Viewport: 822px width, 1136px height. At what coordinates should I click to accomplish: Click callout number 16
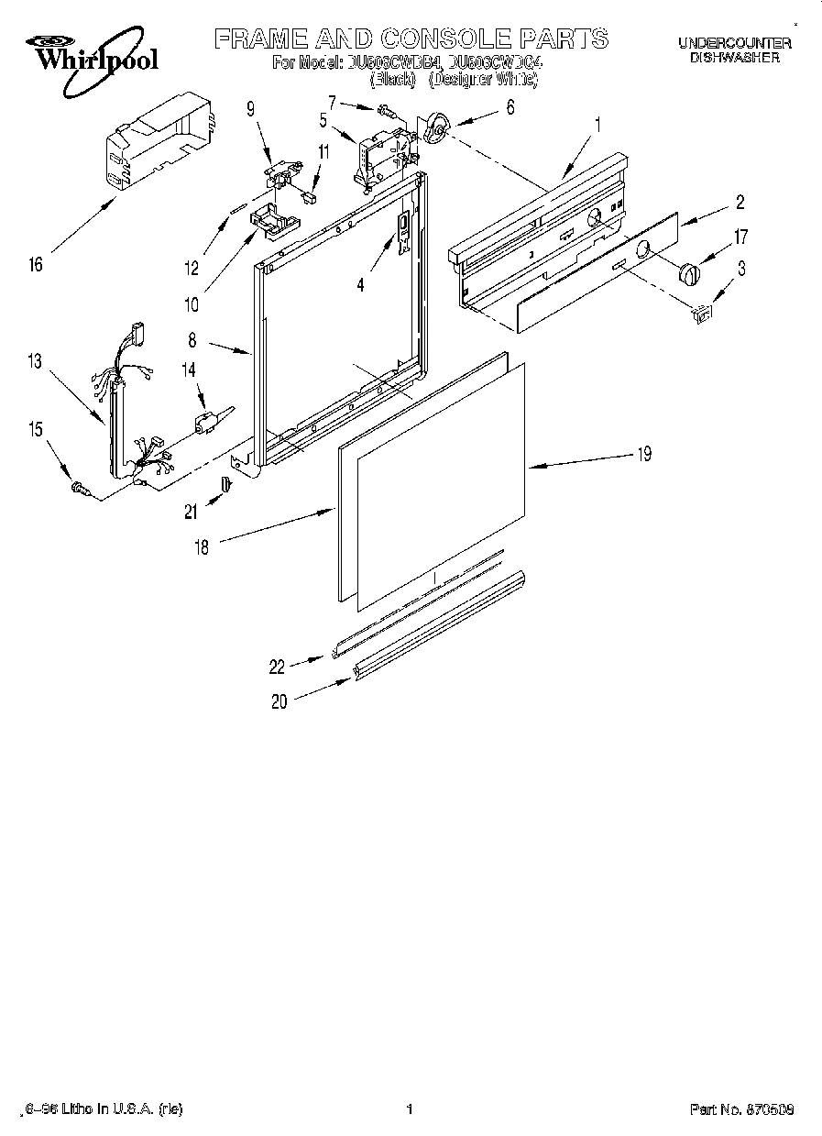[x=35, y=265]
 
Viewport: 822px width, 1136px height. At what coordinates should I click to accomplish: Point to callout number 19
[x=644, y=454]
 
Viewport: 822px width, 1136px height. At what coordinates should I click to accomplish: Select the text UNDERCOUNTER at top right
[x=734, y=42]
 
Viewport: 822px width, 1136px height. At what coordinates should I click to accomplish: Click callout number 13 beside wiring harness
[x=35, y=361]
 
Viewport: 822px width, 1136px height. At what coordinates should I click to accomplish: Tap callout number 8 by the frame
[x=192, y=340]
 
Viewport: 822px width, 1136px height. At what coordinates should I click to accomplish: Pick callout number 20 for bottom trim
[x=279, y=702]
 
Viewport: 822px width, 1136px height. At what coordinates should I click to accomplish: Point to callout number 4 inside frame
[x=360, y=285]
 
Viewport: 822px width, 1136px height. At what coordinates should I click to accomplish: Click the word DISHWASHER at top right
[x=734, y=57]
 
